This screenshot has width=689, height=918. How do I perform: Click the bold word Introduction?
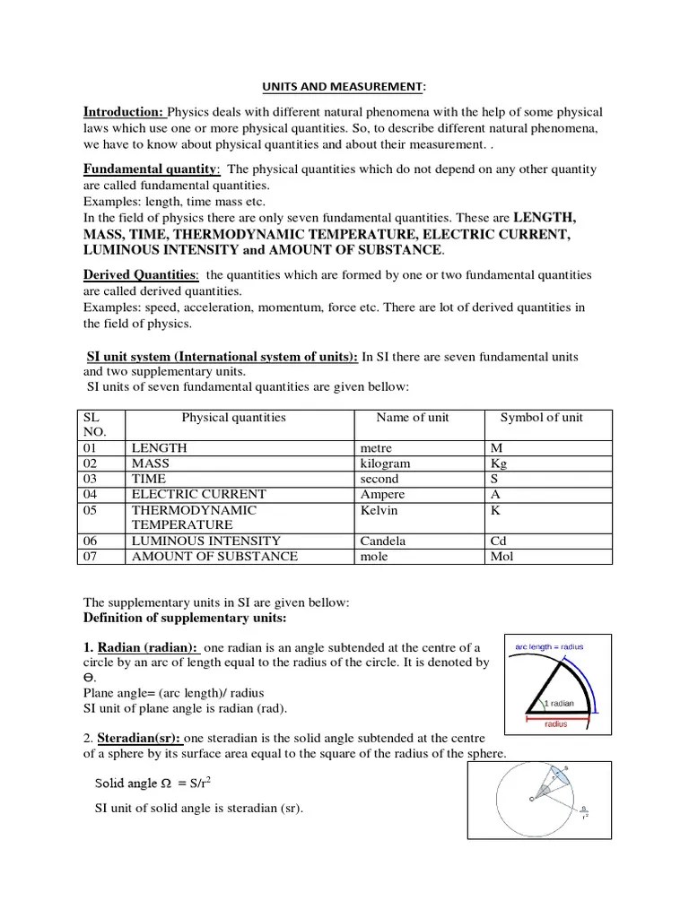click(124, 112)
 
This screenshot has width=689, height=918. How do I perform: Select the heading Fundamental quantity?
click(151, 169)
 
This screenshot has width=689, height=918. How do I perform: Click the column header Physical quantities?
click(233, 418)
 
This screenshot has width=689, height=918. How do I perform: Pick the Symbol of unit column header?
click(541, 418)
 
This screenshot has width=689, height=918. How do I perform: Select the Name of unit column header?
click(412, 418)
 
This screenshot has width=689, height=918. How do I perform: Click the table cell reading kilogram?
click(385, 463)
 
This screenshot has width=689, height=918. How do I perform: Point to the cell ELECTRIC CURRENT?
click(198, 494)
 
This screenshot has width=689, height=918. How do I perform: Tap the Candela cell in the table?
click(382, 541)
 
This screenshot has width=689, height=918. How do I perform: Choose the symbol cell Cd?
click(499, 541)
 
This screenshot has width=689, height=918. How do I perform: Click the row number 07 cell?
click(94, 556)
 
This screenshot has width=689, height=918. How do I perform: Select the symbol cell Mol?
click(501, 556)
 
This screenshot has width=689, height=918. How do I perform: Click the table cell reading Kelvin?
click(379, 509)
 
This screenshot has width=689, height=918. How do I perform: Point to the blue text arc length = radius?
click(548, 646)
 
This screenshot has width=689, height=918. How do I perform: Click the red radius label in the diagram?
click(557, 724)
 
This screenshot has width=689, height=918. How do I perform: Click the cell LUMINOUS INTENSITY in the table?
click(205, 541)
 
